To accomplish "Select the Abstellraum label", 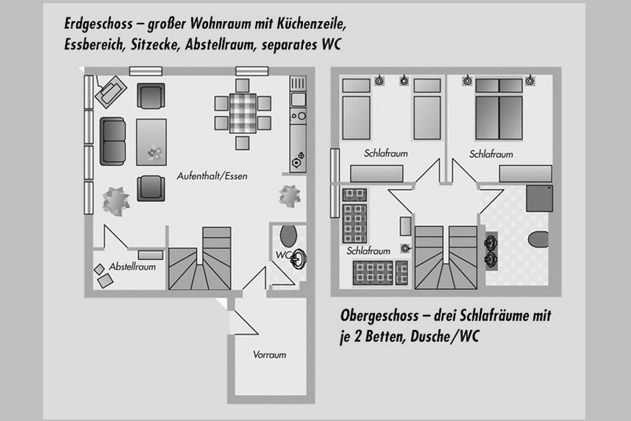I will tap(133, 266).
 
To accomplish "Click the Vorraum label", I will tap(269, 355).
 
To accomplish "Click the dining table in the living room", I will tap(243, 112).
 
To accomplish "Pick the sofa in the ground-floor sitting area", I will tap(113, 141).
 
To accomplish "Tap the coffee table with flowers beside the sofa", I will tap(151, 141).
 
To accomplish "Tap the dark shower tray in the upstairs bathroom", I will tap(540, 197).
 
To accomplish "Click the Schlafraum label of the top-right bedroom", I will tap(491, 155).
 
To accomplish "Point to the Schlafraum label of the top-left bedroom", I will tap(385, 154).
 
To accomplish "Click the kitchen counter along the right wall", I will tap(298, 126).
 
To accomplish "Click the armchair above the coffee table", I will tap(151, 96).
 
